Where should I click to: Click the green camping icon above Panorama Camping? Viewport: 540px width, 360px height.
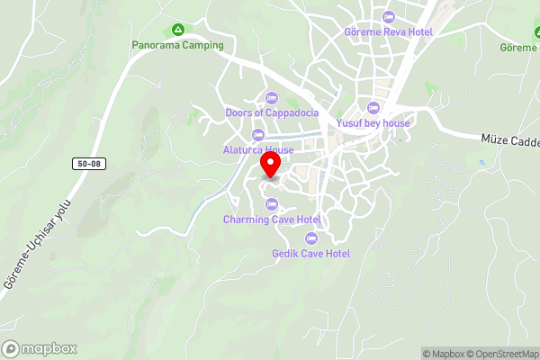pyautogui.click(x=178, y=30)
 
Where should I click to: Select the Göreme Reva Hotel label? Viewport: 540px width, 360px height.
pyautogui.click(x=389, y=32)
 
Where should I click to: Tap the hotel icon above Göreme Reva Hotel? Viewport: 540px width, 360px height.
pyautogui.click(x=389, y=18)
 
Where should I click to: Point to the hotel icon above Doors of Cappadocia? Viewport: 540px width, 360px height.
pyautogui.click(x=272, y=98)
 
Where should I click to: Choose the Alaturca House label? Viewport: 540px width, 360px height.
pyautogui.click(x=258, y=150)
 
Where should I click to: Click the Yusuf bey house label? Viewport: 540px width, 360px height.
pyautogui.click(x=373, y=123)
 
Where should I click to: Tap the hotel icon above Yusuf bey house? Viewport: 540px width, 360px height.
pyautogui.click(x=373, y=109)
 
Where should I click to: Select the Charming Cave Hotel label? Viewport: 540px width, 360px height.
pyautogui.click(x=272, y=220)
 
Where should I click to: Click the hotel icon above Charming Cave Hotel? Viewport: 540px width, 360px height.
pyautogui.click(x=272, y=204)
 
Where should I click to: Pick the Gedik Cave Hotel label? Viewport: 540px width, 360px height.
pyautogui.click(x=311, y=254)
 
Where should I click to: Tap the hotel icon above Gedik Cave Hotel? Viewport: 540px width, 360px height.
pyautogui.click(x=311, y=238)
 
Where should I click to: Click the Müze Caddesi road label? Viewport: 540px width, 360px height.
pyautogui.click(x=511, y=141)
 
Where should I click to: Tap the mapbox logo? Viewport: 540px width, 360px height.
pyautogui.click(x=40, y=349)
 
